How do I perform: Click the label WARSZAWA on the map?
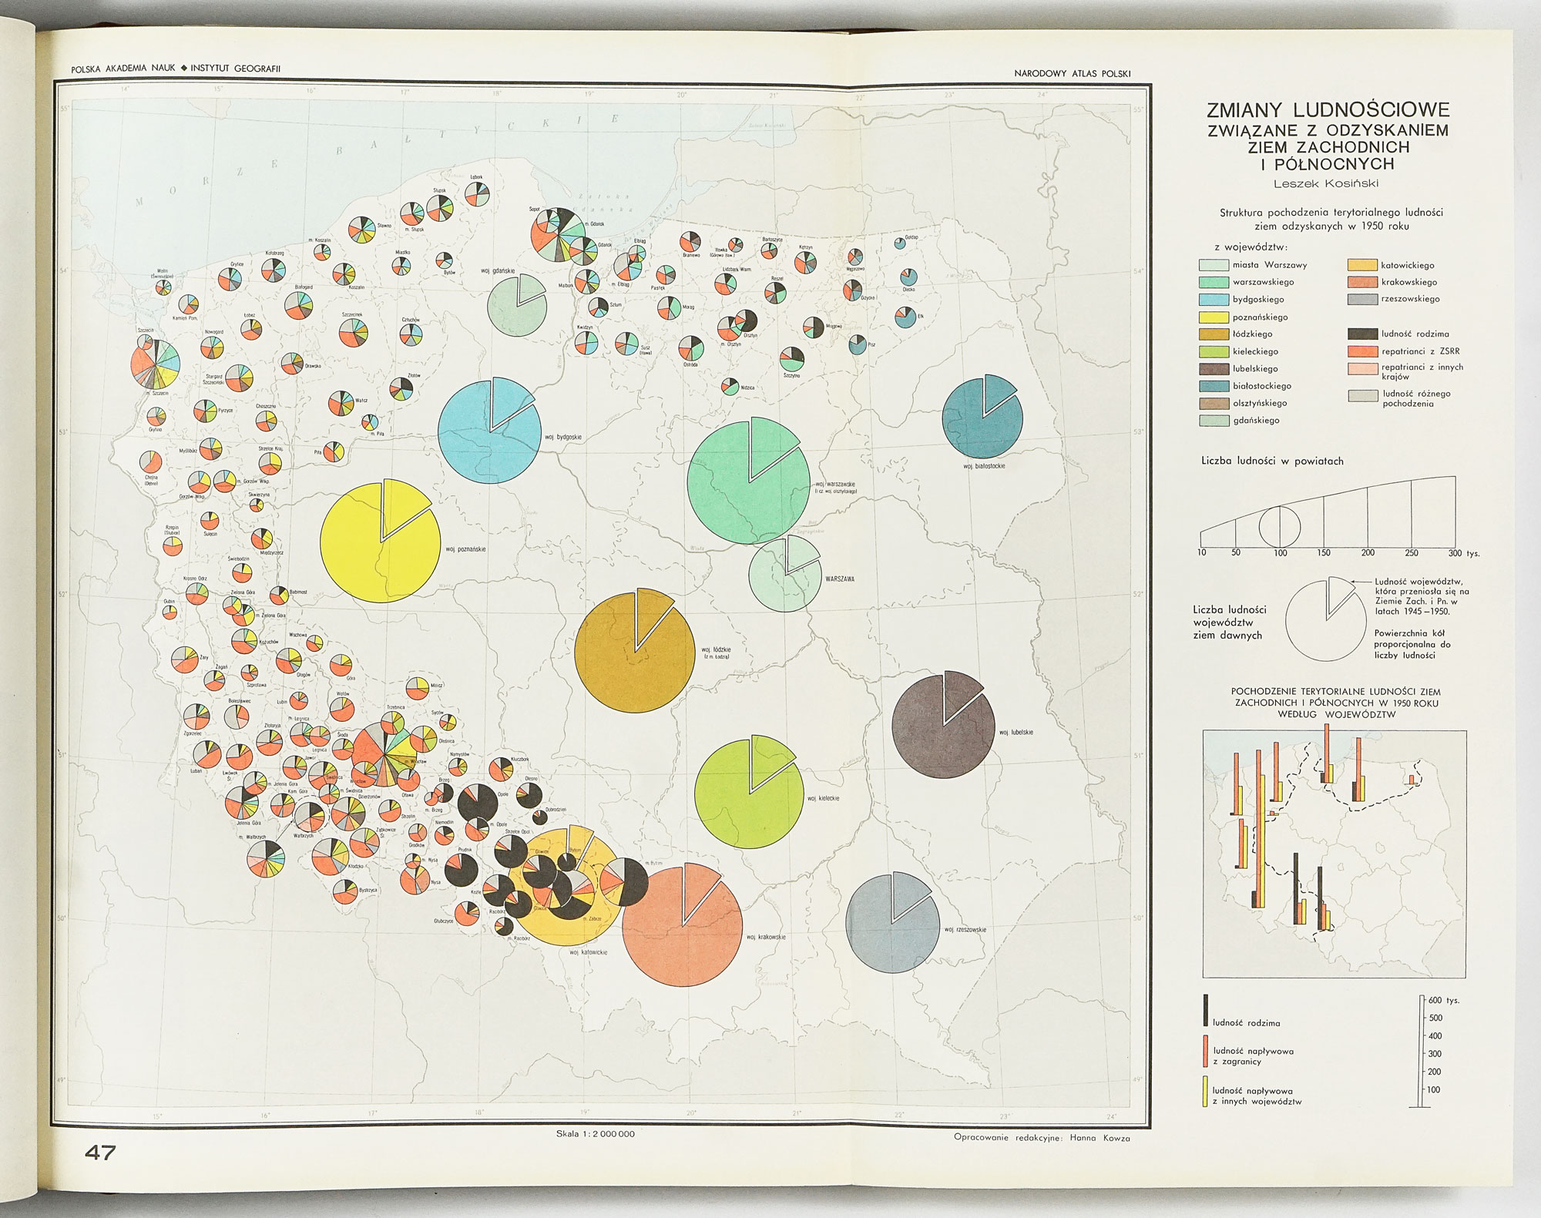point(839,579)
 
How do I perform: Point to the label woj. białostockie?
point(984,466)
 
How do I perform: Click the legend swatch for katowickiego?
point(1362,265)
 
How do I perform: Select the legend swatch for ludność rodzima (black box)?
point(1362,334)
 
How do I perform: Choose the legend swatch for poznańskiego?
point(1214,317)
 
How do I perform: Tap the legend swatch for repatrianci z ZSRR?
point(1362,351)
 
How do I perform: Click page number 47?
point(100,1153)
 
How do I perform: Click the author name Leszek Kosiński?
point(1326,183)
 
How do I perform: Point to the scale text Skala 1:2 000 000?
point(595,1134)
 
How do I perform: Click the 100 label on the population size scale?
point(1280,553)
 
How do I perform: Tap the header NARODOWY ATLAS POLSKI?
point(1072,74)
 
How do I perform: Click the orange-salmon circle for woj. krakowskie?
point(682,924)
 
